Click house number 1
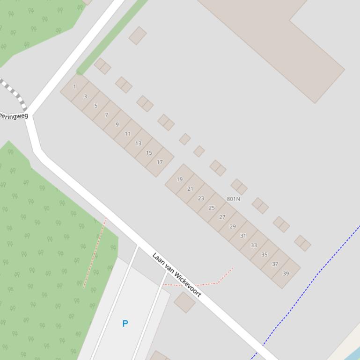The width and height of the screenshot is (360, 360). click(x=74, y=86)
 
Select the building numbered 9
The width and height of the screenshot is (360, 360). click(x=117, y=124)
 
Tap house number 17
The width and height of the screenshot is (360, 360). click(x=160, y=162)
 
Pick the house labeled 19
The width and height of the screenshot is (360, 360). click(x=180, y=179)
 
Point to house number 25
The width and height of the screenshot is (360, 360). click(x=212, y=208)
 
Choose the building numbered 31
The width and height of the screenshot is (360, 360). click(x=243, y=236)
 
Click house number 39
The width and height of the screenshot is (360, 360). click(x=286, y=274)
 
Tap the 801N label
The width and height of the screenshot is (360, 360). click(x=233, y=199)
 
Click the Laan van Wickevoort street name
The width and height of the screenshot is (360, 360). click(x=176, y=275)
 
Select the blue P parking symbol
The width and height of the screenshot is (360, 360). click(x=125, y=324)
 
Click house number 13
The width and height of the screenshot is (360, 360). click(x=138, y=143)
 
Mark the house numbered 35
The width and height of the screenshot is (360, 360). click(x=264, y=255)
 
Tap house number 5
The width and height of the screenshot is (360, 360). click(x=96, y=106)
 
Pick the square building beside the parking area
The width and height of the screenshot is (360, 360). click(x=184, y=302)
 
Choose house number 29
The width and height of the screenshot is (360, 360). click(x=233, y=226)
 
